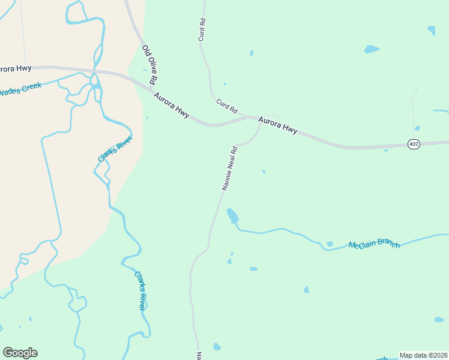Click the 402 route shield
pyautogui.click(x=413, y=145)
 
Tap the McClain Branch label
pyautogui.click(x=374, y=245)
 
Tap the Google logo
pyautogui.click(x=20, y=352)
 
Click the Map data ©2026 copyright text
pyautogui.click(x=424, y=355)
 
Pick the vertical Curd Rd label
pyautogui.click(x=202, y=29)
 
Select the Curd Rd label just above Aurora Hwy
pyautogui.click(x=227, y=106)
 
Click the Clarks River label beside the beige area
pyautogui.click(x=115, y=148)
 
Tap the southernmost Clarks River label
pyautogui.click(x=140, y=290)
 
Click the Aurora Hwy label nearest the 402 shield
pyautogui.click(x=278, y=125)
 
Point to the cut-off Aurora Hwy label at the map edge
pyautogui.click(x=16, y=68)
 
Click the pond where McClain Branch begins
pyautogui.click(x=232, y=215)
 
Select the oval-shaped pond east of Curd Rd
pyautogui.click(x=372, y=49)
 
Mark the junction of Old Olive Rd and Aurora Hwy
pyautogui.click(x=150, y=88)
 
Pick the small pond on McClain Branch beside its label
pyautogui.click(x=330, y=244)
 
